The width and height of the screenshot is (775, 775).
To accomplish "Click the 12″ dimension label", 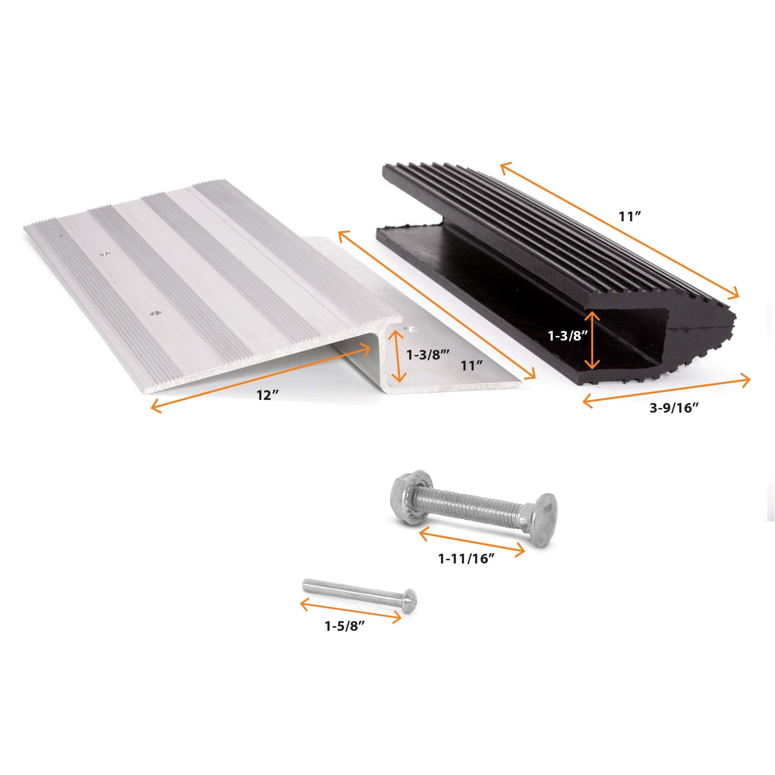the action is click(268, 395).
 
